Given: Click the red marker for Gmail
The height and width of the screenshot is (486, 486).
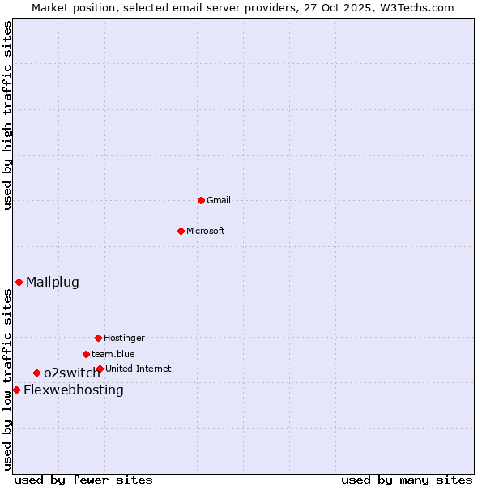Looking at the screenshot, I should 201,200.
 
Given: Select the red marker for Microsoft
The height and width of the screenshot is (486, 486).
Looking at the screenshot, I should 181,231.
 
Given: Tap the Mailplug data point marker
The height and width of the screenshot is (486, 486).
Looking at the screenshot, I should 19,282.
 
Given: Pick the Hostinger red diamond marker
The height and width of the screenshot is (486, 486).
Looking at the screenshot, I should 98,338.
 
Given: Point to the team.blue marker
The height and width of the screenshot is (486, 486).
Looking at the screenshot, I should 86,354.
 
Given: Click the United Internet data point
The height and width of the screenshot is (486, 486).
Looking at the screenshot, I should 100,369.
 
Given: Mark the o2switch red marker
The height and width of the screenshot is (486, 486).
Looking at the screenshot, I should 36,373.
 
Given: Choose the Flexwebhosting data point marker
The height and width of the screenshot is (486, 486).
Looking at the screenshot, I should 16,390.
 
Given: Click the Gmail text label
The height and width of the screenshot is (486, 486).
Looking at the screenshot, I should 219,200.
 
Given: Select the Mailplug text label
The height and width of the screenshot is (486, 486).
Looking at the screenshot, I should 53,282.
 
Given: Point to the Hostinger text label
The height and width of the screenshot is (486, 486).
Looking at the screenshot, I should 124,338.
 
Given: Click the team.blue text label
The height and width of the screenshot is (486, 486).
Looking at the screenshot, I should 113,354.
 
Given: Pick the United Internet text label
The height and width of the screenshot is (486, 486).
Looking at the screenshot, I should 139,369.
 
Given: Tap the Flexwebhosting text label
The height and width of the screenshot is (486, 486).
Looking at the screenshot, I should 74,390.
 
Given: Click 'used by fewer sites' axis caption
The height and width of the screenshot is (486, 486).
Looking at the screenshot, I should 83,480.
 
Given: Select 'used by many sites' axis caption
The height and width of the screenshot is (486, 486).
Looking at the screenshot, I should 407,480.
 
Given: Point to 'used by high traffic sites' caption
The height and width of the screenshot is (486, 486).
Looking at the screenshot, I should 8,115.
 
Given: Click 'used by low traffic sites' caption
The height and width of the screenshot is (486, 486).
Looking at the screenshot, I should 8,379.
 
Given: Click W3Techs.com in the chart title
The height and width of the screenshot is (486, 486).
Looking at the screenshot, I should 414,7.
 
